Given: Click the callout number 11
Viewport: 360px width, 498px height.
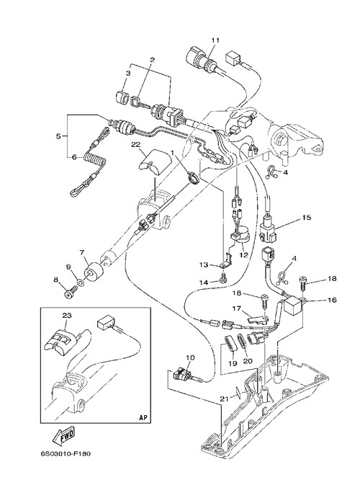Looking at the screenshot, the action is point(215,40).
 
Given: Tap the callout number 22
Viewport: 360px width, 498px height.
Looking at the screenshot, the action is point(135,145).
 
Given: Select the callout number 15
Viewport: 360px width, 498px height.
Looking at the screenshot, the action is point(307,218).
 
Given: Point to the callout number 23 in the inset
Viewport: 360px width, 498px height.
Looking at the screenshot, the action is point(67,316).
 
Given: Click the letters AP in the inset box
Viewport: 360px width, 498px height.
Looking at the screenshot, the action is point(143,418).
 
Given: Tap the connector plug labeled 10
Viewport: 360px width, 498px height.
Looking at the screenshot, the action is point(181,373).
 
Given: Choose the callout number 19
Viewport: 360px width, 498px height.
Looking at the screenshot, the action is point(233,363).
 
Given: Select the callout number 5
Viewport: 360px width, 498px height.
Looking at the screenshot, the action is point(58,136).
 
